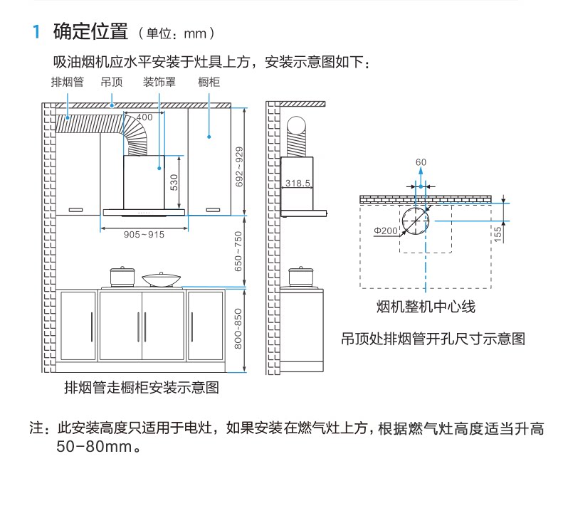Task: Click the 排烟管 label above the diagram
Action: tap(67, 82)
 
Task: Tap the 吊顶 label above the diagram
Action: tap(112, 82)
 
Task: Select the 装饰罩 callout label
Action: tap(159, 82)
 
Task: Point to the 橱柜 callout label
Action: tap(209, 82)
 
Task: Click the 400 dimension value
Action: tap(144, 117)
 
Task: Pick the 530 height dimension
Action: tap(173, 184)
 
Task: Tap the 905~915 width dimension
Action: tap(144, 234)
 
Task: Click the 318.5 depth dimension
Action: tap(298, 184)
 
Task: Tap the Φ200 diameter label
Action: tap(385, 231)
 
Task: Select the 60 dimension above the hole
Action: tap(421, 163)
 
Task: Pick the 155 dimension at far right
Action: tap(498, 231)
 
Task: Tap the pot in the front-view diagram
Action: tap(122, 275)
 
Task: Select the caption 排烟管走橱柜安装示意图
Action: tap(142, 388)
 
